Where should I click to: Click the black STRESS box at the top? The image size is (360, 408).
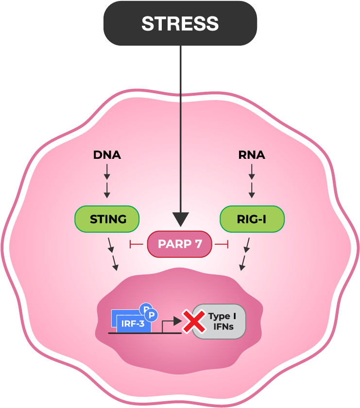pyautogui.click(x=180, y=23)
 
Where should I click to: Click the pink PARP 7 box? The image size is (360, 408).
pyautogui.click(x=180, y=244)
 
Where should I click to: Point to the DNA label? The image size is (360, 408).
pyautogui.click(x=107, y=155)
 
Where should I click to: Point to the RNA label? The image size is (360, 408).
pyautogui.click(x=252, y=155)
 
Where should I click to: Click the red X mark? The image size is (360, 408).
pyautogui.click(x=193, y=321)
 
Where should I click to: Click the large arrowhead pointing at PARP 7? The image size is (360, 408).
pyautogui.click(x=180, y=219)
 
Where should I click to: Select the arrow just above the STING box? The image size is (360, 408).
pyautogui.click(x=107, y=190)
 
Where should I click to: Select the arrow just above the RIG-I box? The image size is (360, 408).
pyautogui.click(x=252, y=190)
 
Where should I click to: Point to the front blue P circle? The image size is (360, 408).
pyautogui.click(x=152, y=315)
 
